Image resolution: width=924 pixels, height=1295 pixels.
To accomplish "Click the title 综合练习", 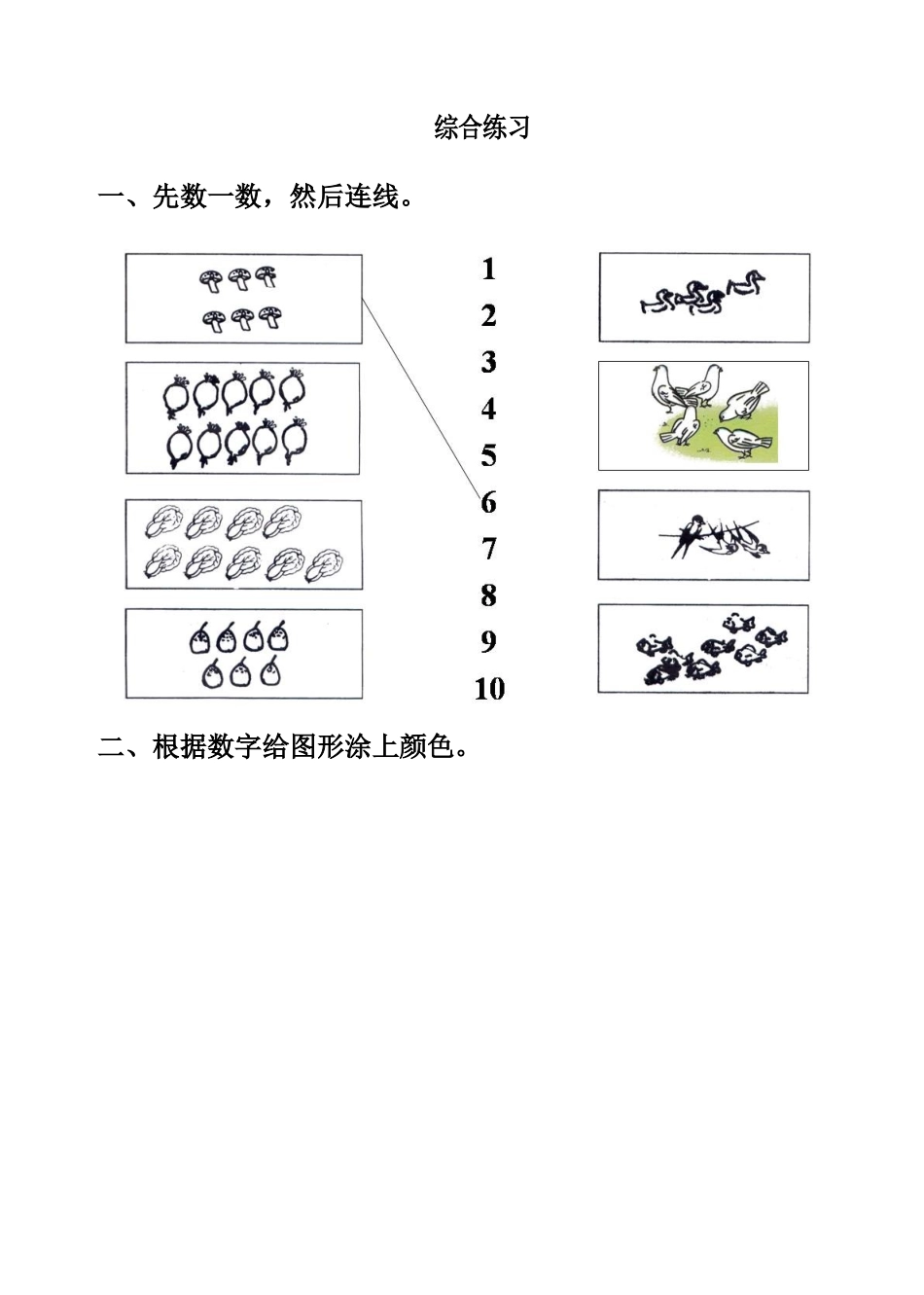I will (x=481, y=127).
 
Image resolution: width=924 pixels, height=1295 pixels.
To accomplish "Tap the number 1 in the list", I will (x=488, y=270).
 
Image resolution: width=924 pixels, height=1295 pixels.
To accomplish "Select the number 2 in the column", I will (x=488, y=316).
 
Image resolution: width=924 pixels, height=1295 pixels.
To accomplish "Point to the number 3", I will (x=488, y=363).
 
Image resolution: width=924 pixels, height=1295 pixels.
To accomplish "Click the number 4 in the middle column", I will (x=488, y=410).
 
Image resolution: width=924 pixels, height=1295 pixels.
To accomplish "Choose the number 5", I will (x=488, y=456).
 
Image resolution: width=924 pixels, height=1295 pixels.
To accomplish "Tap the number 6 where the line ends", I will (x=488, y=503).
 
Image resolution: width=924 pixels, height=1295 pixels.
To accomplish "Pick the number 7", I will (x=488, y=550).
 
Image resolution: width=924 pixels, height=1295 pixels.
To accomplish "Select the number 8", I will (x=488, y=595).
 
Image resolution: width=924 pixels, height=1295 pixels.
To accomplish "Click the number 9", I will (x=488, y=642).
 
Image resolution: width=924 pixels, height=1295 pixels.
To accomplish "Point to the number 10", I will (x=489, y=689).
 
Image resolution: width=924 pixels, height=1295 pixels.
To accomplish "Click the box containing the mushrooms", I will (x=243, y=299).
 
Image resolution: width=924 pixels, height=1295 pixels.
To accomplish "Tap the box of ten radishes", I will (x=242, y=418).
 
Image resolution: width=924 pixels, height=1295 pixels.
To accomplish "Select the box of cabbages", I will (x=243, y=545).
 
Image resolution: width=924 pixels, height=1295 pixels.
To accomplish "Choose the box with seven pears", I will (x=243, y=654).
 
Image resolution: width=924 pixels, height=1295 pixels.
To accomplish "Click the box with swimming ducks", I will (x=704, y=297).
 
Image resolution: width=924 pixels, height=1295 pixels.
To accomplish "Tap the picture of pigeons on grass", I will (x=703, y=415).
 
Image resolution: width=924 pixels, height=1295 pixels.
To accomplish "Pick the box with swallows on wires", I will (x=703, y=535).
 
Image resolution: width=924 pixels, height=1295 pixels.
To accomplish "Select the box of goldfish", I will (x=702, y=649).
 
